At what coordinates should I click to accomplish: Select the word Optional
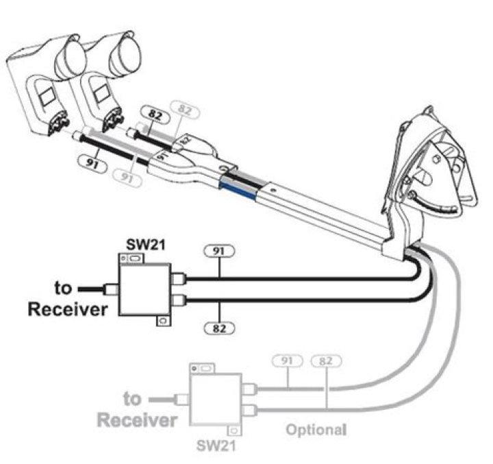tap(314, 430)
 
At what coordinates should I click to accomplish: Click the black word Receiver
tap(67, 310)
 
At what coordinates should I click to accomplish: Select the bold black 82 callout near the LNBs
tap(153, 112)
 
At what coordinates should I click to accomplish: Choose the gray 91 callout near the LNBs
tap(125, 178)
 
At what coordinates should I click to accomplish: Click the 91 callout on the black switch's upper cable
tap(219, 251)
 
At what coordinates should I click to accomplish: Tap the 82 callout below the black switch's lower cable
tap(219, 328)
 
